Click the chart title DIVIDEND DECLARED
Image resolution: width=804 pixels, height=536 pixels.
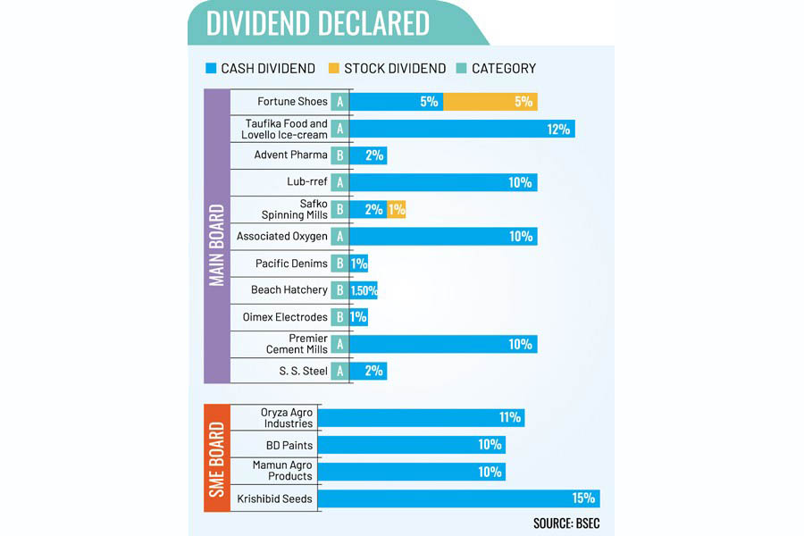click(x=317, y=23)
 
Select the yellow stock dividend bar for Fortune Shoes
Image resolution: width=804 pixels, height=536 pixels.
click(x=490, y=102)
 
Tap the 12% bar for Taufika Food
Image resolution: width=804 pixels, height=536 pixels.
click(x=463, y=129)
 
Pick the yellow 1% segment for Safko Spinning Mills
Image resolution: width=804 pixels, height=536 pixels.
click(x=397, y=210)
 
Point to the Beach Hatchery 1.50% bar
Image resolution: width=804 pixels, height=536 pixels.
click(x=364, y=290)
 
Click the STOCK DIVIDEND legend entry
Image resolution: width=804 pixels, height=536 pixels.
click(x=388, y=68)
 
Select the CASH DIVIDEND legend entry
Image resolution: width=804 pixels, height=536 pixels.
click(x=260, y=68)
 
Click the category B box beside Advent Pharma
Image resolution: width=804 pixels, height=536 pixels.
click(x=339, y=155)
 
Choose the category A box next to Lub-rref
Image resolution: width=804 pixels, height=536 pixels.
click(x=339, y=182)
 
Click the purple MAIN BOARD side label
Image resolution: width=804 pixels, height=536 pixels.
click(x=216, y=236)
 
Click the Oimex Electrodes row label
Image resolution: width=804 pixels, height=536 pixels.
click(x=285, y=317)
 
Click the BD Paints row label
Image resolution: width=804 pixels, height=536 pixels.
click(x=289, y=445)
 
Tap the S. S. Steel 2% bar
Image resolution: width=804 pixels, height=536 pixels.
click(x=368, y=371)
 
